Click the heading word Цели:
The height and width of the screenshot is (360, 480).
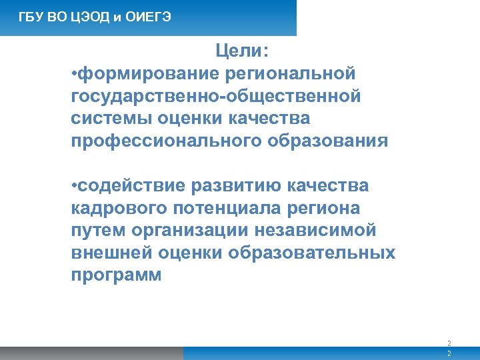tap(241, 51)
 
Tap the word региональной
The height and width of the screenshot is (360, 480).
tap(291, 73)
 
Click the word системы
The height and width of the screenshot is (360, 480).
tap(111, 119)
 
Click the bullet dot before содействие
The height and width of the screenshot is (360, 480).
tap(74, 185)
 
